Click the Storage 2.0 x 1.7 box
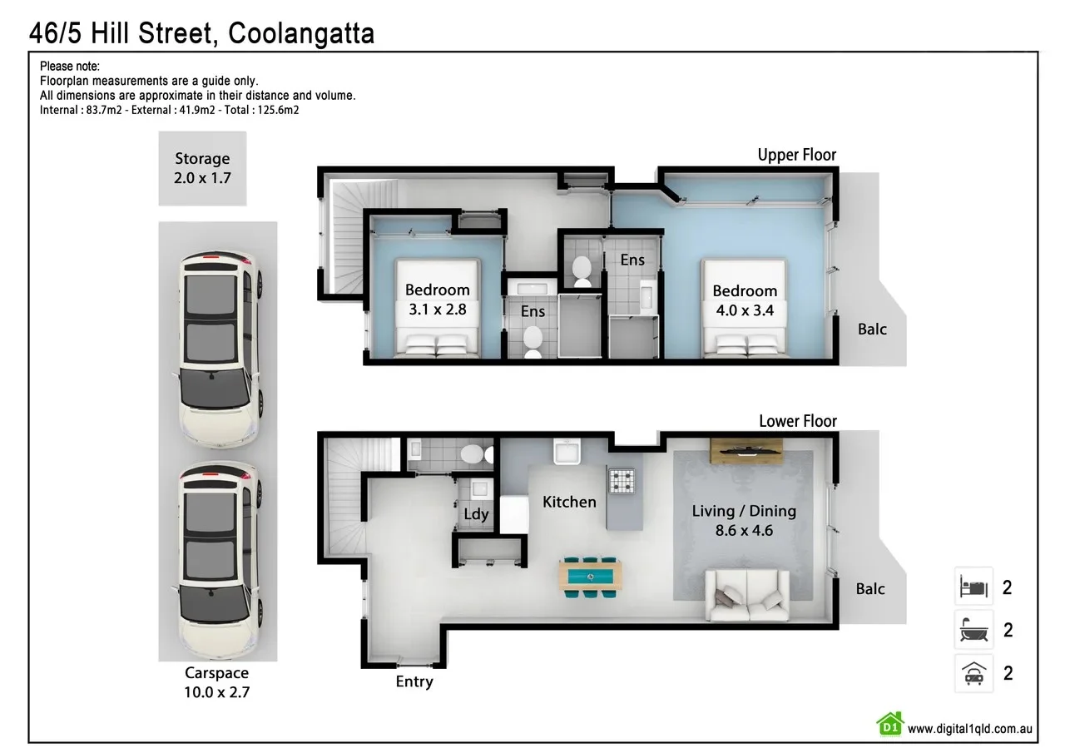pyautogui.click(x=202, y=168)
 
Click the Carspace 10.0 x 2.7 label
pyautogui.click(x=217, y=682)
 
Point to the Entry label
pyautogui.click(x=414, y=682)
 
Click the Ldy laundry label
pyautogui.click(x=476, y=514)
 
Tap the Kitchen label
pyautogui.click(x=569, y=502)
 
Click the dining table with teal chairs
pyautogui.click(x=591, y=576)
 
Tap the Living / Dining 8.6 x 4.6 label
pyautogui.click(x=744, y=520)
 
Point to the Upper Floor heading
pyautogui.click(x=796, y=155)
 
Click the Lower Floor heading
pyautogui.click(x=797, y=421)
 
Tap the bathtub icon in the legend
pyautogui.click(x=973, y=630)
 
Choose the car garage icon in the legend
pyautogui.click(x=973, y=673)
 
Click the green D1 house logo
pyautogui.click(x=889, y=724)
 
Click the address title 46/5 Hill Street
pyautogui.click(x=201, y=33)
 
